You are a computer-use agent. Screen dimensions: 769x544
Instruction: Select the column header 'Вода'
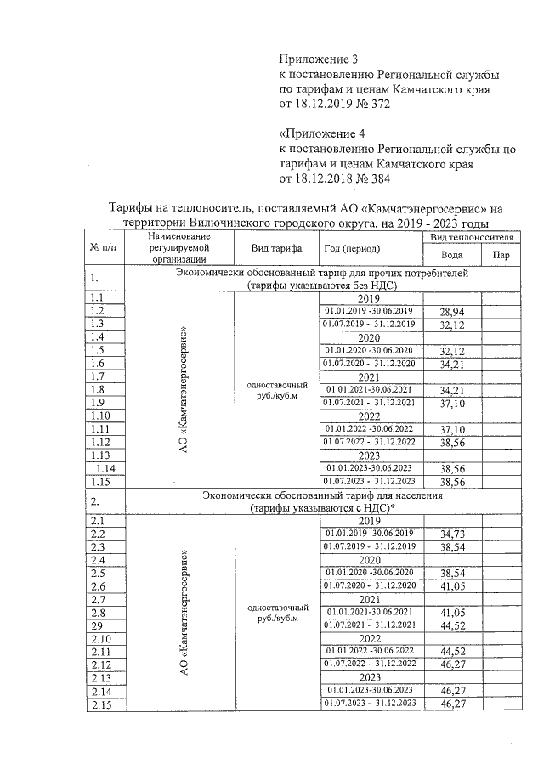(x=453, y=255)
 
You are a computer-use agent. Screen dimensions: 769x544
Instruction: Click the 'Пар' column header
(x=501, y=255)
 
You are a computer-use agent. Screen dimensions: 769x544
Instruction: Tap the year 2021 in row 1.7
(x=368, y=376)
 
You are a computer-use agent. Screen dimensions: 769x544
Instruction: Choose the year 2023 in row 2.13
(x=368, y=677)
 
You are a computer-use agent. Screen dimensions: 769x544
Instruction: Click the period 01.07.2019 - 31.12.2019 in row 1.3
(x=368, y=325)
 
